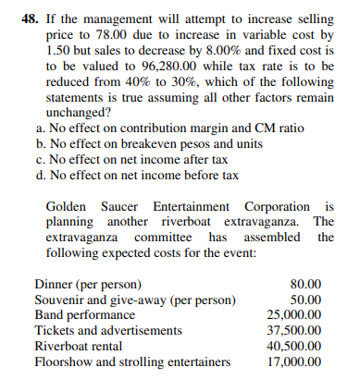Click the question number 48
coord(30,15)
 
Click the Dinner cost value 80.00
coord(304,283)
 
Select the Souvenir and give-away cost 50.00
coord(304,299)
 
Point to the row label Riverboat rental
coord(78,346)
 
